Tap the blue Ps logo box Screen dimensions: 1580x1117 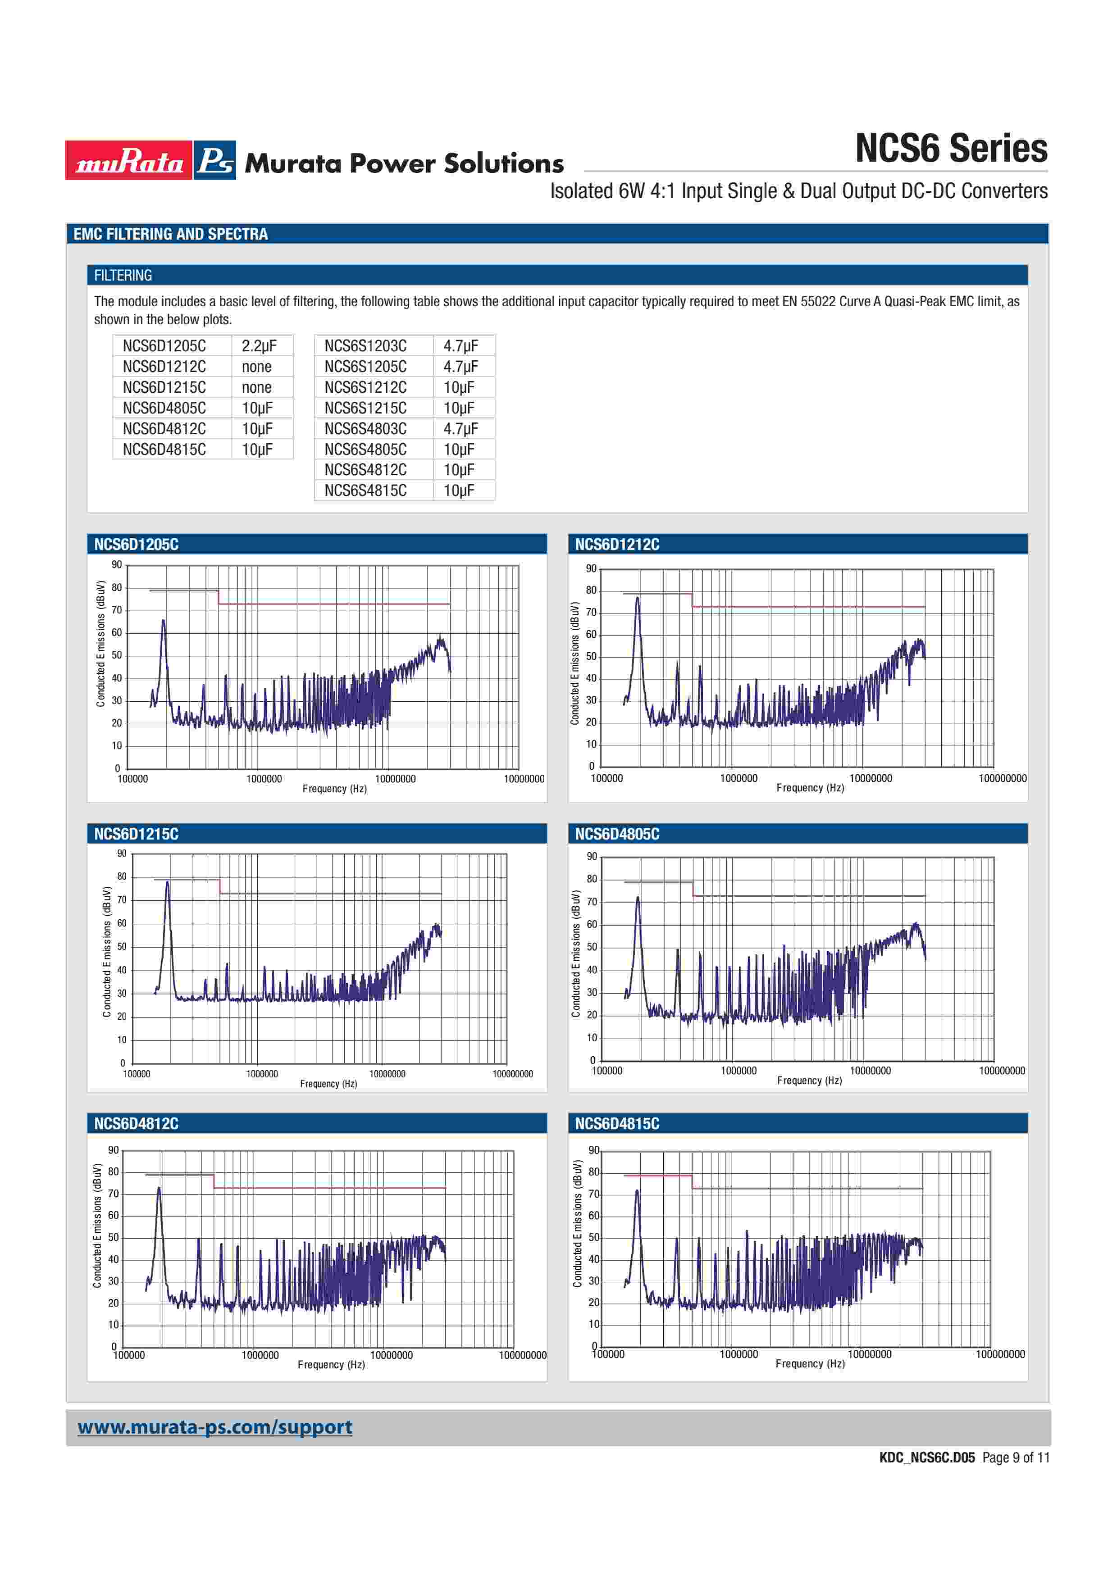pyautogui.click(x=215, y=160)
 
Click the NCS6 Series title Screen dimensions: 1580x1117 pyautogui.click(x=950, y=149)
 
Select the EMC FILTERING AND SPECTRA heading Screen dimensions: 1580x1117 pyautogui.click(x=171, y=234)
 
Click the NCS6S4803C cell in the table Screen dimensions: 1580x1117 pyautogui.click(x=365, y=429)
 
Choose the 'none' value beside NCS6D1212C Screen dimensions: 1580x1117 pyautogui.click(x=257, y=367)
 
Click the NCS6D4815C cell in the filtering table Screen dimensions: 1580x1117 pyautogui.click(x=164, y=449)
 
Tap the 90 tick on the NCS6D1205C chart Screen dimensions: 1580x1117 pyautogui.click(x=117, y=565)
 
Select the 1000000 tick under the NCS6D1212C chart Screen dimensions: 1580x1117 pyautogui.click(x=739, y=778)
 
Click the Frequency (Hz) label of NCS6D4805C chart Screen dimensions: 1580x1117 pyautogui.click(x=809, y=1081)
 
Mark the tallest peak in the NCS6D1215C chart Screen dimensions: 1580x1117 pyautogui.click(x=167, y=882)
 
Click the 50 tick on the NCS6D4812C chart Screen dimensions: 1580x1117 pyautogui.click(x=113, y=1237)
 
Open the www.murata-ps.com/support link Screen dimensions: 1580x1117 pyautogui.click(x=215, y=1427)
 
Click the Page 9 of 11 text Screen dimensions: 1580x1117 pyautogui.click(x=1016, y=1457)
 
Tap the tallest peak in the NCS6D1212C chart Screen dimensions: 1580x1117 pyautogui.click(x=637, y=598)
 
